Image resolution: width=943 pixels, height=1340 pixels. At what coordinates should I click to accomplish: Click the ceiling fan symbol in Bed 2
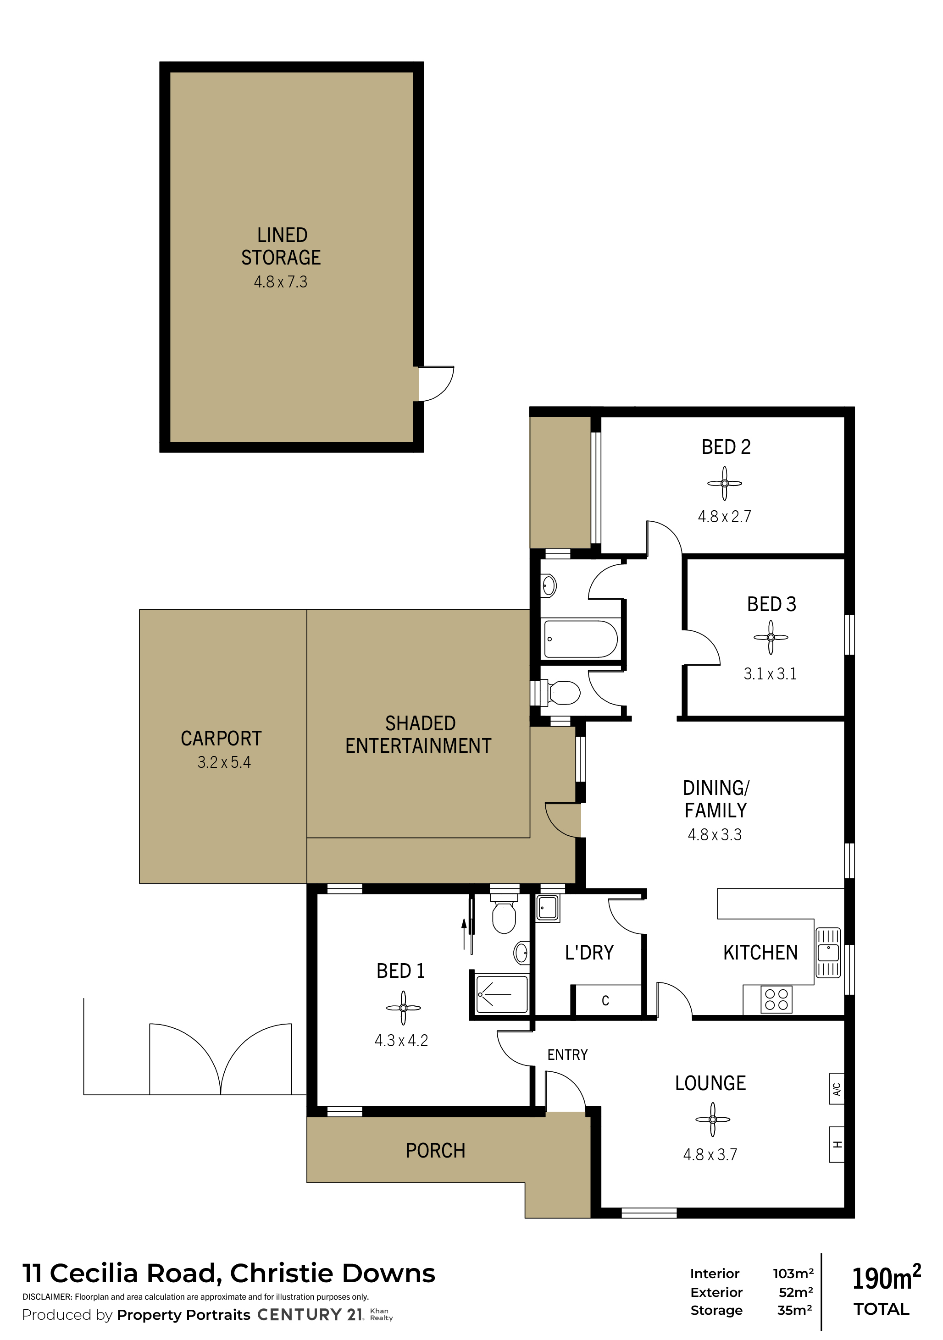coord(724,483)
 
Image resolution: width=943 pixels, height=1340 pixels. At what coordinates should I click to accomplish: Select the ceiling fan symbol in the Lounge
coord(712,1119)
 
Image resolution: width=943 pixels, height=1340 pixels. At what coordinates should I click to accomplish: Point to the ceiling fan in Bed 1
coord(403,1008)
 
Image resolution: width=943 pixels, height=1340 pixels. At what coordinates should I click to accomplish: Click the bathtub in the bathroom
coord(580,639)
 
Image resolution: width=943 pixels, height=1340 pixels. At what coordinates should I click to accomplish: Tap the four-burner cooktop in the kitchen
coord(776,999)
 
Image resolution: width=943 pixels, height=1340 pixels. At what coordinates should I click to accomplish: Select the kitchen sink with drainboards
coord(827,953)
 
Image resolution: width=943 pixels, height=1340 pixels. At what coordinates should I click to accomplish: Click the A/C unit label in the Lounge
coord(836,1089)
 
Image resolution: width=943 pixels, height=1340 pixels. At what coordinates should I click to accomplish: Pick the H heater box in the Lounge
coord(836,1145)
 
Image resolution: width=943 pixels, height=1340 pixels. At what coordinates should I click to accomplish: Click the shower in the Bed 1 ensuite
coord(502,994)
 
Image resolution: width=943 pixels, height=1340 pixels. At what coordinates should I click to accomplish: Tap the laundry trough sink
coord(548,908)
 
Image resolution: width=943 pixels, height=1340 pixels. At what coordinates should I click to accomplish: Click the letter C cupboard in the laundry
coord(605,1000)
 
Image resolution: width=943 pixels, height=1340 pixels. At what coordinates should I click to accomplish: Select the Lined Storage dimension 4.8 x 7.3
coord(280,282)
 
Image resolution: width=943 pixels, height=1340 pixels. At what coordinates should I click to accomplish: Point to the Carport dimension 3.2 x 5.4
coord(224,762)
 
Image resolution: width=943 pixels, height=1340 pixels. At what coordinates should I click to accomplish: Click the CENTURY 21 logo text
coord(310,1314)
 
